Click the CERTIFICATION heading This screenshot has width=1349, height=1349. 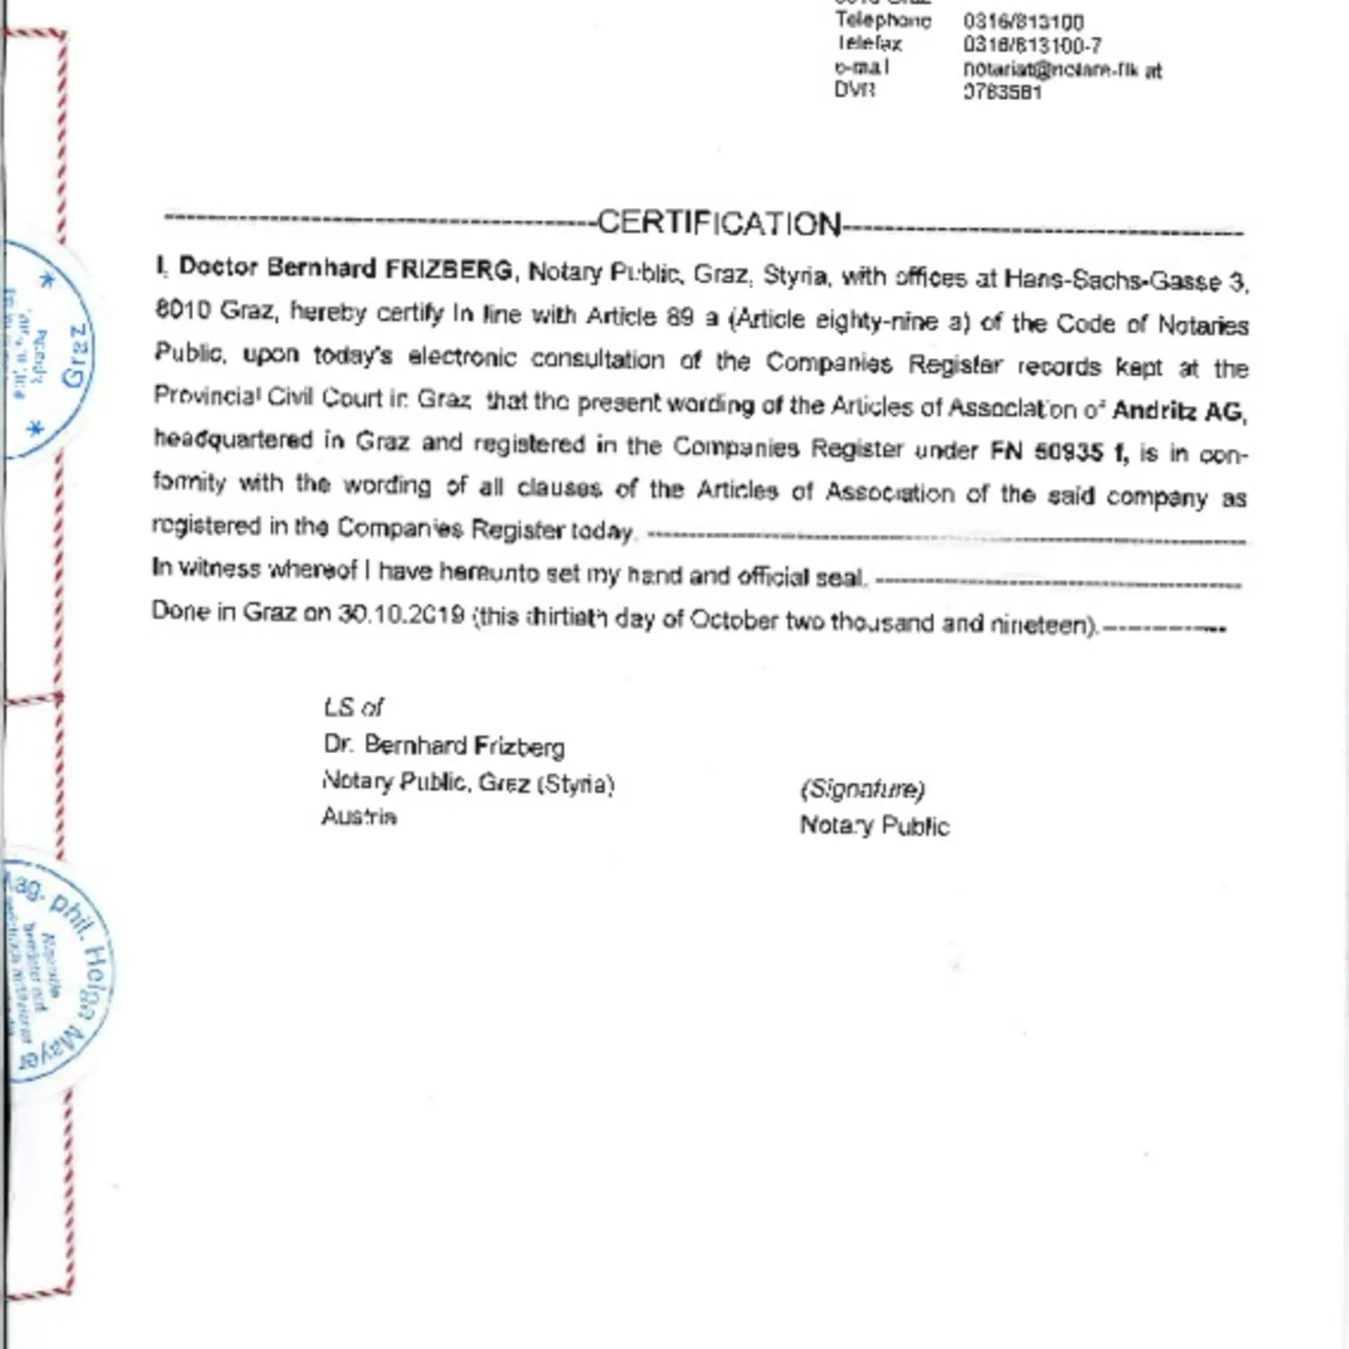click(719, 223)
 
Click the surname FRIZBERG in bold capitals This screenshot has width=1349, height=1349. click(449, 269)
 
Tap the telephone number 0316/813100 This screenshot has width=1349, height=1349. click(1023, 22)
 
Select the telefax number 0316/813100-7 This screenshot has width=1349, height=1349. click(1031, 46)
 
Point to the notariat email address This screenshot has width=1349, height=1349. click(1062, 70)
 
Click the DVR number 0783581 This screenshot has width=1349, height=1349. click(1002, 93)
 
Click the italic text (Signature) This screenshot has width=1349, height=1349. click(863, 789)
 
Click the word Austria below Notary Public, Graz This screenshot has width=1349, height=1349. click(359, 816)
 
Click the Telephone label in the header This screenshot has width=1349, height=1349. click(882, 20)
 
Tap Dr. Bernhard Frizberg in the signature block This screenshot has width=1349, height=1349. click(444, 745)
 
